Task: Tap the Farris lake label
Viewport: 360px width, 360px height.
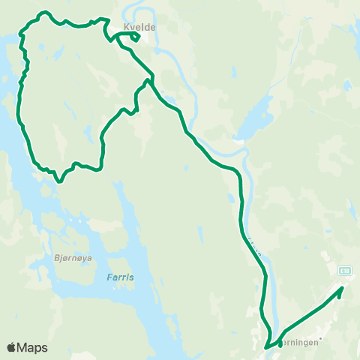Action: click(119, 277)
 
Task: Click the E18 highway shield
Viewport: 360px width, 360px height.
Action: click(344, 271)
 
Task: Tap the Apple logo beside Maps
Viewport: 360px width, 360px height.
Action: click(12, 347)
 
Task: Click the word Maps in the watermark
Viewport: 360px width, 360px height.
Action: click(32, 347)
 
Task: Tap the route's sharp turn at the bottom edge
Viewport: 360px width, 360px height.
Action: click(266, 347)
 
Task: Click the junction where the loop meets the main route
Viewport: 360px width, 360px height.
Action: click(152, 77)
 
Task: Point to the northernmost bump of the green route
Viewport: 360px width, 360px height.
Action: click(44, 12)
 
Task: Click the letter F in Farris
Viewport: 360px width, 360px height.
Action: click(106, 277)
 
